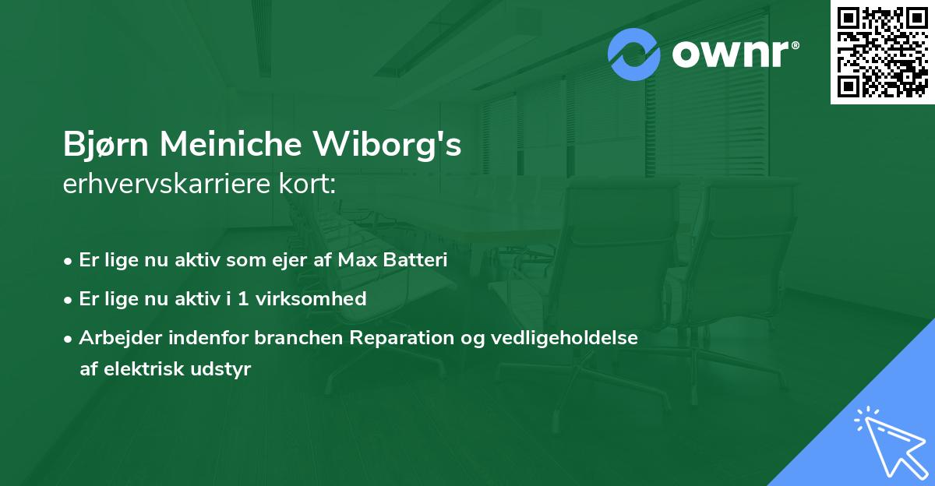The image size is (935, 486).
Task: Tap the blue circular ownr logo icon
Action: pos(634,55)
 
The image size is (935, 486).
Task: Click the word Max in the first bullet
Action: pos(355,260)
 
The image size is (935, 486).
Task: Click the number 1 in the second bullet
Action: pos(245,298)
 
